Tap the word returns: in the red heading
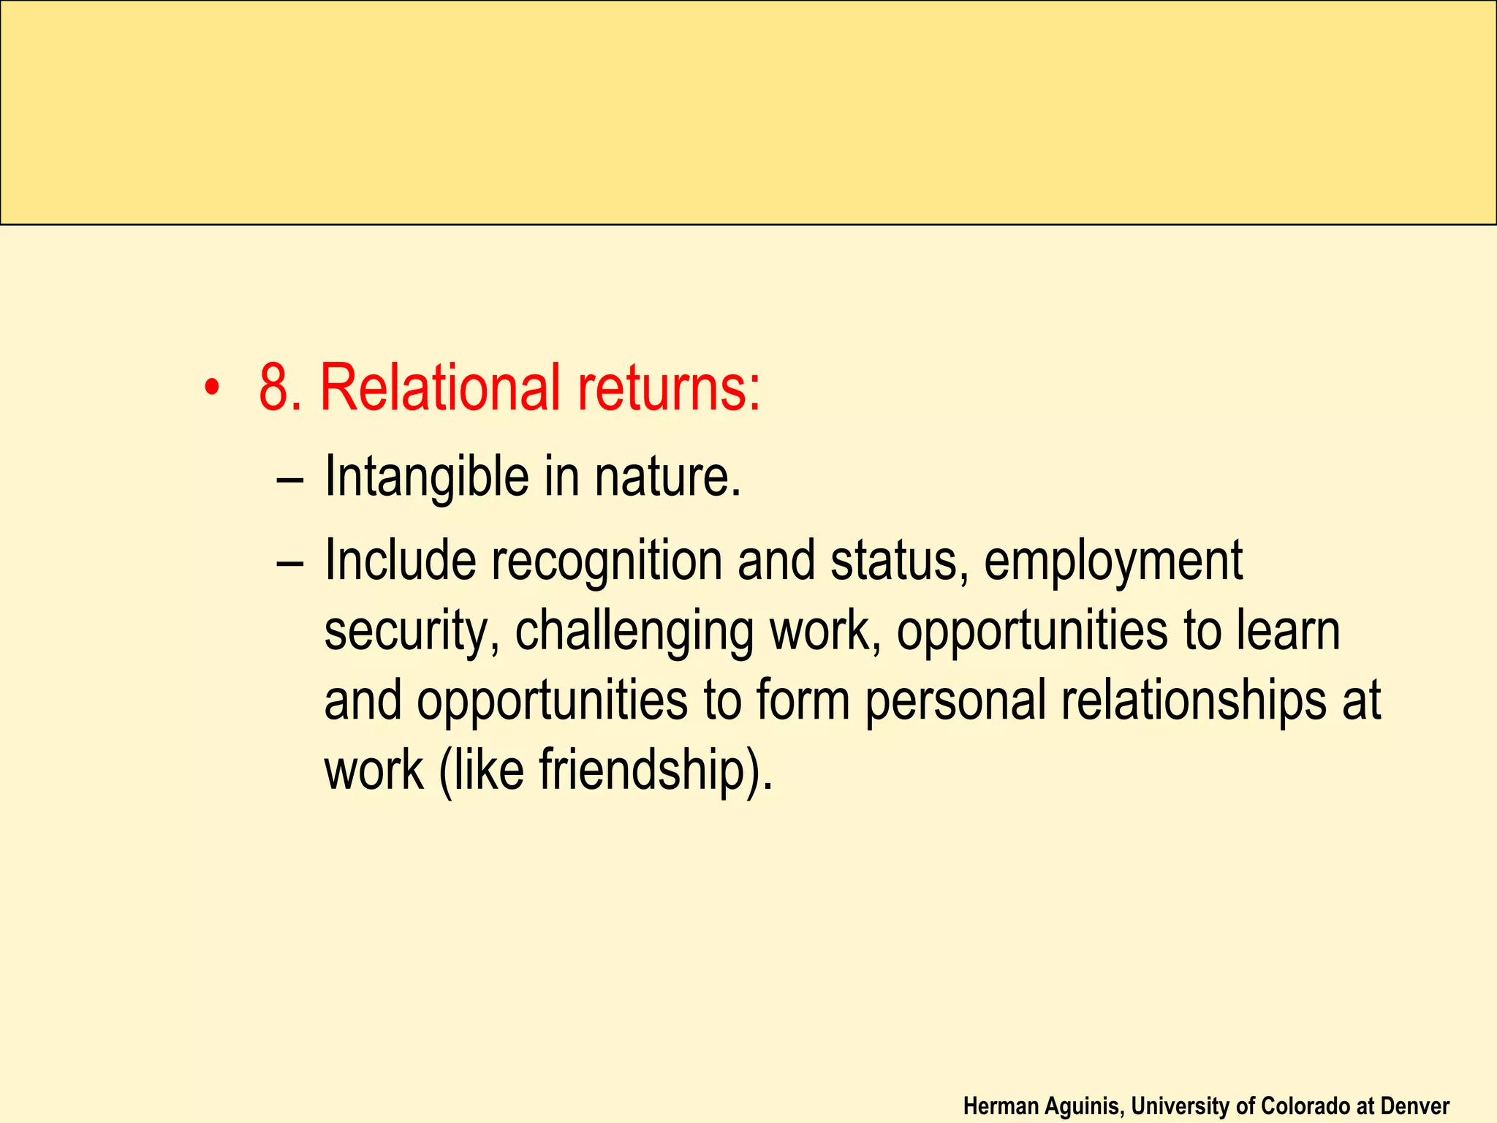click(x=669, y=387)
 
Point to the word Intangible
click(x=426, y=477)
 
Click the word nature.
click(x=667, y=477)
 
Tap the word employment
click(x=1113, y=561)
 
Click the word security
click(x=412, y=632)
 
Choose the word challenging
click(x=634, y=632)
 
